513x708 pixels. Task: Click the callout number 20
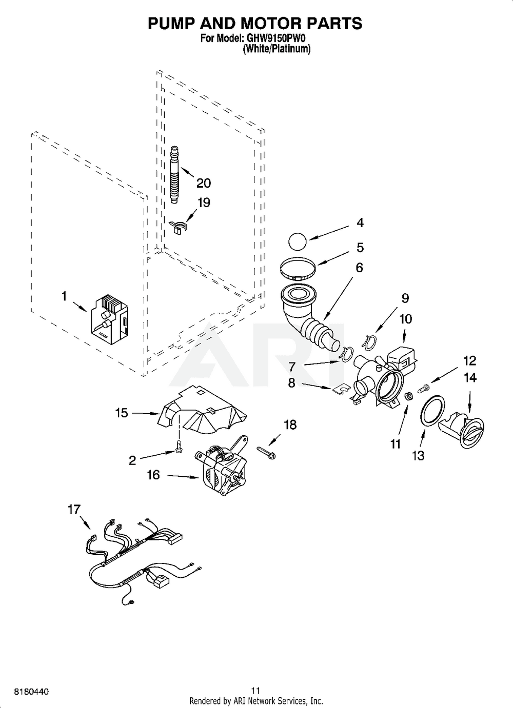(204, 183)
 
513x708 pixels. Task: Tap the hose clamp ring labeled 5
(298, 270)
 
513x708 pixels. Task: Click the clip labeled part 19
(177, 226)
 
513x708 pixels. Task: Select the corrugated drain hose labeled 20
(175, 176)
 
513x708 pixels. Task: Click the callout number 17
(74, 509)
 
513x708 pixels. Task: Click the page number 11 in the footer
(256, 690)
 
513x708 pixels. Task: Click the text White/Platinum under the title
(277, 49)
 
